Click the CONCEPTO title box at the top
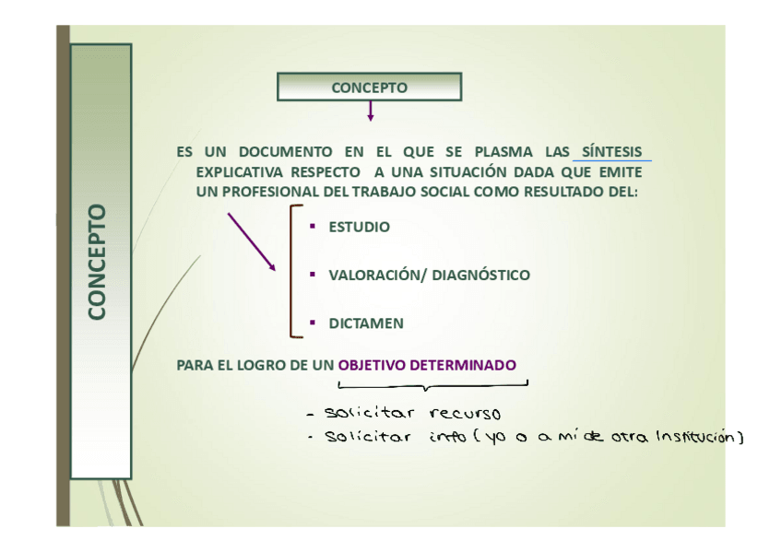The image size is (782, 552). [x=369, y=88]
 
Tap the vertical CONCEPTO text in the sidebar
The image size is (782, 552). [x=97, y=263]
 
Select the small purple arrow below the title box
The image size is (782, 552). [x=370, y=112]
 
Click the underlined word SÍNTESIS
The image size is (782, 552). [x=611, y=152]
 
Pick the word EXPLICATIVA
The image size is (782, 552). [x=240, y=172]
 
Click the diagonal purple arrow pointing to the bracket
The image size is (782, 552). [x=252, y=241]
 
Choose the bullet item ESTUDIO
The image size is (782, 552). [x=359, y=227]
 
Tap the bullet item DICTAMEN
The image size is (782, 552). [x=366, y=323]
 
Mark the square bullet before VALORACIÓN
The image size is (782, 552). [x=313, y=274]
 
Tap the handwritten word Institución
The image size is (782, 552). [x=698, y=437]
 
